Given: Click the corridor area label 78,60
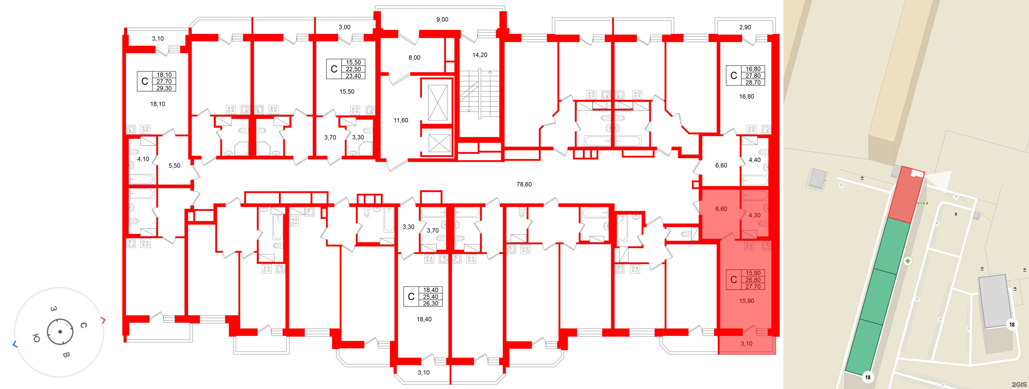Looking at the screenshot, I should pos(524,184).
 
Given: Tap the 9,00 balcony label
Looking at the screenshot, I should pos(442,19).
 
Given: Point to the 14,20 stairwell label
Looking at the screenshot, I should pos(479,55).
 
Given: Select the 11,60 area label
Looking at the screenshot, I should pos(401,120).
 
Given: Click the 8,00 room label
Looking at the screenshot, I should pos(414,58).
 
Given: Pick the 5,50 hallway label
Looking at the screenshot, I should pos(174,166).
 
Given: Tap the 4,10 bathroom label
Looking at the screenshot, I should pos(143,159).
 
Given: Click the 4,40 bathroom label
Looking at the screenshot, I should pos(754,160).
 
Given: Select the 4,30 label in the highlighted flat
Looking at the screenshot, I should pos(754,215).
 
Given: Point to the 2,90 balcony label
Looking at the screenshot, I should pos(745,27).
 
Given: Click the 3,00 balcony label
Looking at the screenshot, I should pos(344,27).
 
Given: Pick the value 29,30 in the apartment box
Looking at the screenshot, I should pos(164,88).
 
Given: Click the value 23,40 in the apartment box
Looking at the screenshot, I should pos(353,76).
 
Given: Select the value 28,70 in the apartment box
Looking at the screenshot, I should pos(753,83).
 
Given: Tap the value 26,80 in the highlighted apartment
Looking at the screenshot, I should pos(753,280).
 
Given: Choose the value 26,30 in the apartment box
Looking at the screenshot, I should pos(430,304).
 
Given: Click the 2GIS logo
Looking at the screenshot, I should pos(1019,385).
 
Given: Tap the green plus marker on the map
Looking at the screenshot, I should pos(908,261).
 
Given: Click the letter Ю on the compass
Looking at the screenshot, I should pos(36,338).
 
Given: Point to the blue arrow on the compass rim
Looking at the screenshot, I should pos(15,344).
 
